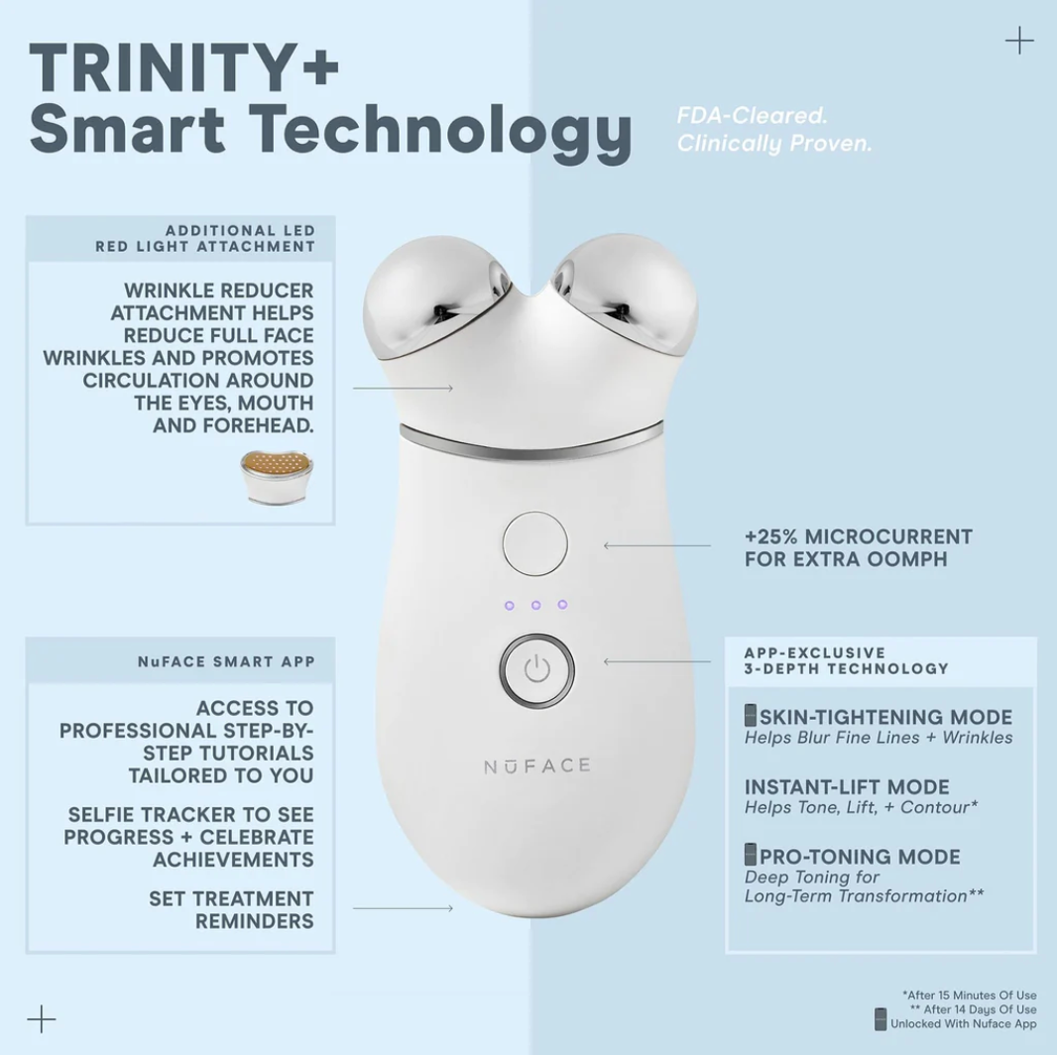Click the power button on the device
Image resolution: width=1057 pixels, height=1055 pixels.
pyautogui.click(x=536, y=669)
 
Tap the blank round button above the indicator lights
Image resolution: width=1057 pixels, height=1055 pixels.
pyautogui.click(x=535, y=544)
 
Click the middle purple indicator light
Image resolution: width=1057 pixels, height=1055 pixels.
pyautogui.click(x=535, y=605)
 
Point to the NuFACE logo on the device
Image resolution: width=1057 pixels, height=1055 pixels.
pyautogui.click(x=536, y=765)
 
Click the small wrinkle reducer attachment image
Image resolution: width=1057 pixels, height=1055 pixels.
pyautogui.click(x=277, y=476)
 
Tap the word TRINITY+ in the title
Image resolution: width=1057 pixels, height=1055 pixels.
pyautogui.click(x=184, y=70)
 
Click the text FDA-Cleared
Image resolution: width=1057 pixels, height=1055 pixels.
pyautogui.click(x=752, y=116)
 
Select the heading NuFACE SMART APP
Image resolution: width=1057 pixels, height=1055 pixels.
pyautogui.click(x=226, y=661)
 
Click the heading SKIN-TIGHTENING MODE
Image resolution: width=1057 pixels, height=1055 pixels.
pyautogui.click(x=885, y=717)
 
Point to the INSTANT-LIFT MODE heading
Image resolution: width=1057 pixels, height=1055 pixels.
pyautogui.click(x=847, y=787)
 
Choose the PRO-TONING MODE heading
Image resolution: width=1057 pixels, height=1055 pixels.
pyautogui.click(x=860, y=857)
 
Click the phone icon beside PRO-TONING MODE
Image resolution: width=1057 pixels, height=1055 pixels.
pyautogui.click(x=751, y=854)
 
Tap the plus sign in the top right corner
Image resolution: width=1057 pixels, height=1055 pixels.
pyautogui.click(x=1018, y=41)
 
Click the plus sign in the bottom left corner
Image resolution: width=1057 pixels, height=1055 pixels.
pyautogui.click(x=42, y=1018)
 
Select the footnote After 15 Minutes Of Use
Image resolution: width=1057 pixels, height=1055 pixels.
pyautogui.click(x=969, y=995)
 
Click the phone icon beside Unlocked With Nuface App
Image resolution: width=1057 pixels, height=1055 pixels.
pyautogui.click(x=880, y=1019)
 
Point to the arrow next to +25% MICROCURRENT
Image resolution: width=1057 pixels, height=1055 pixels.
pyautogui.click(x=656, y=545)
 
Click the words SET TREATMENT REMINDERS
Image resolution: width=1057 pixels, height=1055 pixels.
pyautogui.click(x=231, y=909)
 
